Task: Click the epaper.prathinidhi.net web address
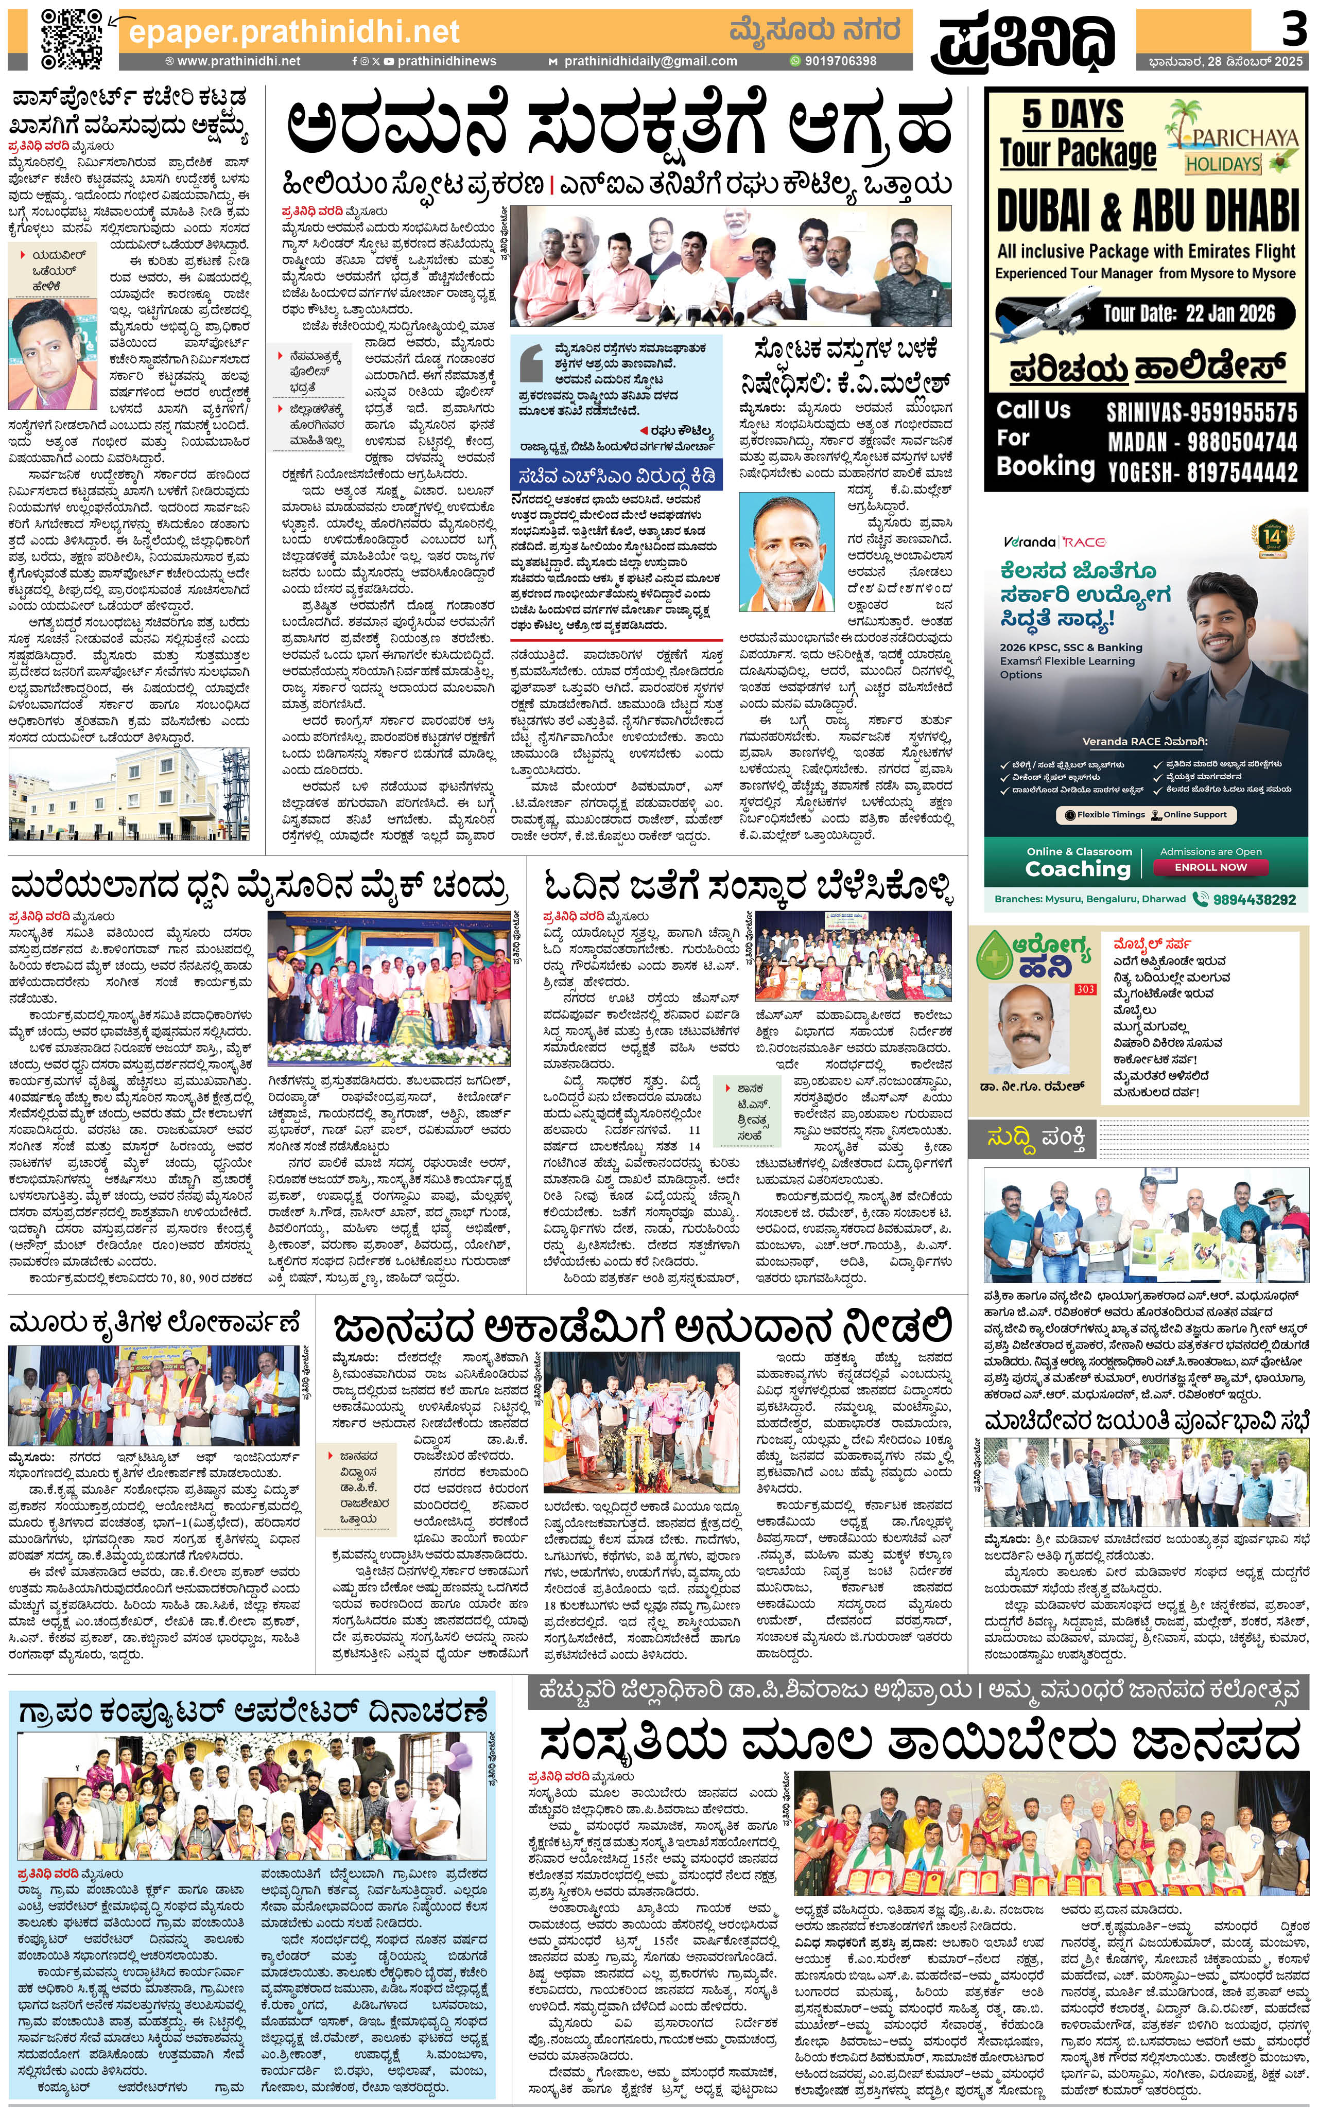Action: click(294, 31)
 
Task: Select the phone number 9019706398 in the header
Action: click(839, 61)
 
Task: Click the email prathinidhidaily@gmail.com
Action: click(649, 61)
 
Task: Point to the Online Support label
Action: click(1194, 815)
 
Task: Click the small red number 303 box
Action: click(1085, 989)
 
